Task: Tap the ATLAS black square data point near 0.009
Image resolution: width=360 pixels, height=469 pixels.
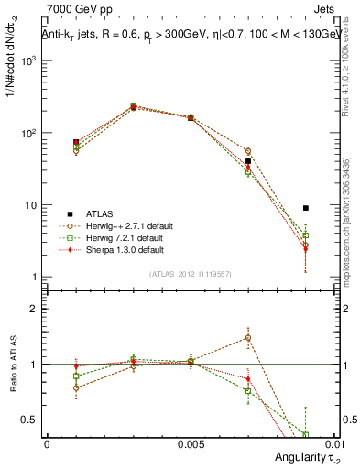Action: point(306,208)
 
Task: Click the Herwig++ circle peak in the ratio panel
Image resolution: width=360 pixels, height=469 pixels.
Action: point(248,337)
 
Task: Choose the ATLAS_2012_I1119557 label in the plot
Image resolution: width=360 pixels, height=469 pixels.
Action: point(190,274)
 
